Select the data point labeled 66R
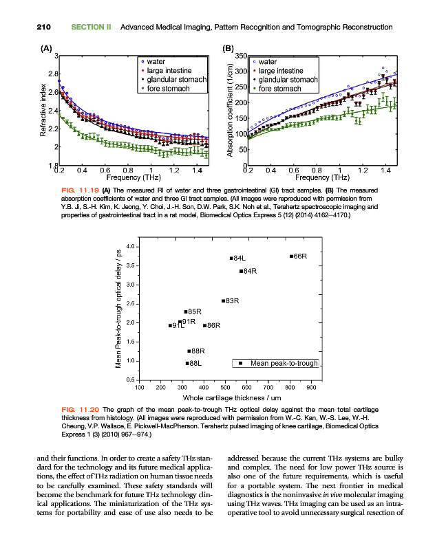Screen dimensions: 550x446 coord(291,256)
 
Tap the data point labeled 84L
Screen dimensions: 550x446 coord(231,258)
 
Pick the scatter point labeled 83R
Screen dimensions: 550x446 coord(223,301)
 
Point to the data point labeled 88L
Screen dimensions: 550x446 coord(187,363)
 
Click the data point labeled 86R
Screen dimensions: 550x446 coord(204,325)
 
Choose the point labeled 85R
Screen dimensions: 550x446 coord(186,312)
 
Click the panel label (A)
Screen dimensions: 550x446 coord(45,48)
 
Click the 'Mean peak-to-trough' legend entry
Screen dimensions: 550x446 coord(278,363)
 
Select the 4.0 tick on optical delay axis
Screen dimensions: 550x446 coord(131,246)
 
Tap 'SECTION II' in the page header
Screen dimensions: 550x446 coord(92,27)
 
